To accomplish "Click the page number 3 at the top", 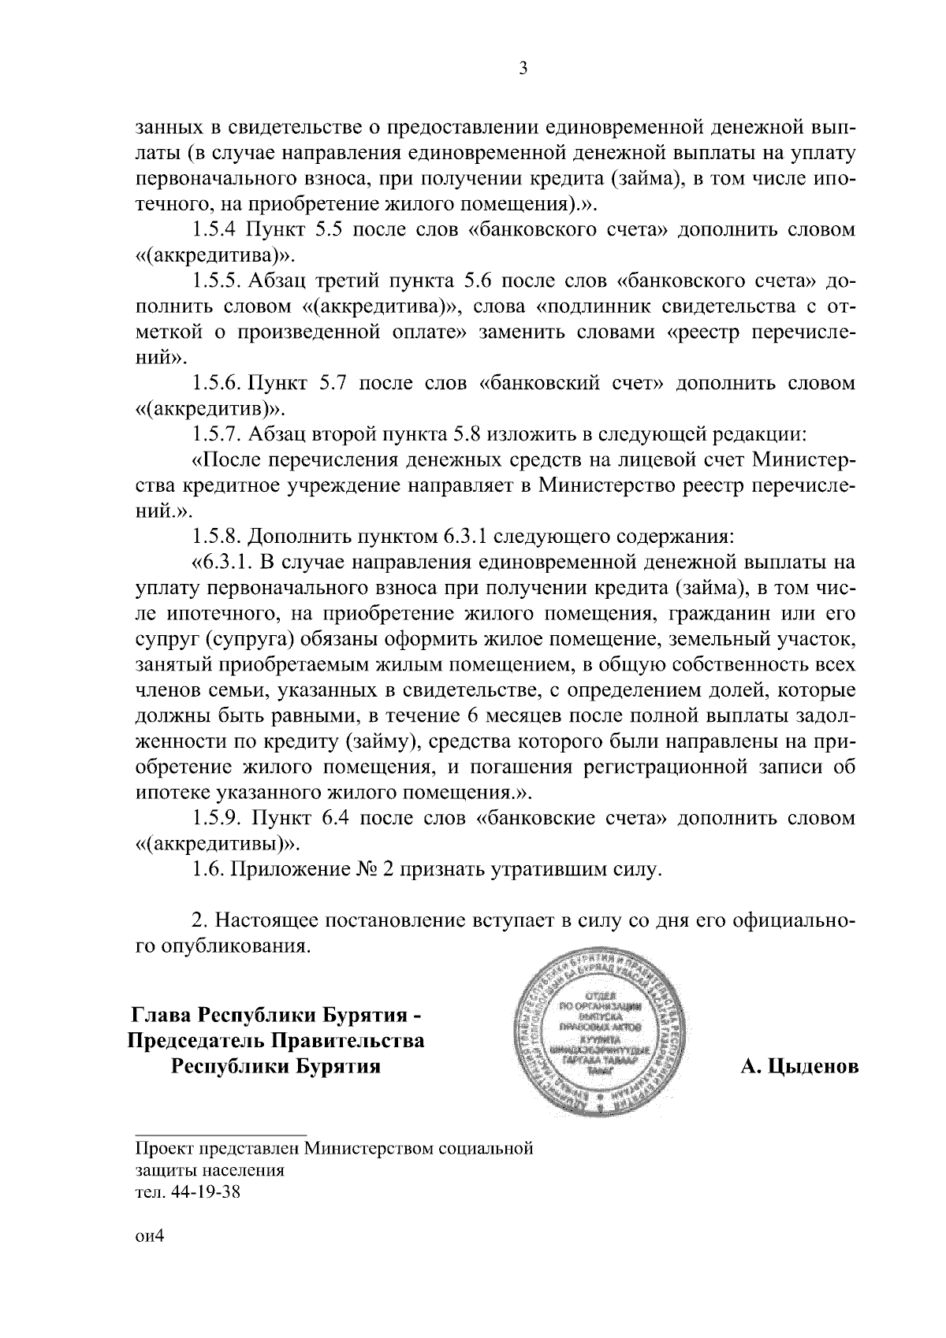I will coord(523,69).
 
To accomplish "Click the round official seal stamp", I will coord(599,1035).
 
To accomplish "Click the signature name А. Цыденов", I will coord(799,1067).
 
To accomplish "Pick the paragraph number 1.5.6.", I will coord(216,384).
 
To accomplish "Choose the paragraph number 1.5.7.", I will coord(218,434).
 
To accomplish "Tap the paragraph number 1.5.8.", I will coord(218,537).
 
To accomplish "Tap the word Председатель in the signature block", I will coord(196,1041).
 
